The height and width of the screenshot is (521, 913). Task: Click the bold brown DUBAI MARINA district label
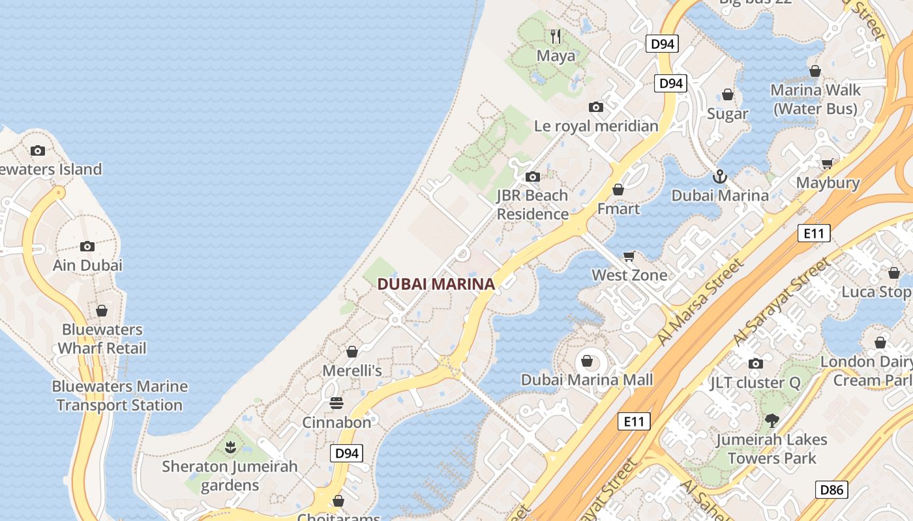tap(436, 284)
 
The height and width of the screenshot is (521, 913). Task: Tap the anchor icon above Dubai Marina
tap(720, 176)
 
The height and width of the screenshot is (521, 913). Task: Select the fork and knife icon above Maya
tap(556, 36)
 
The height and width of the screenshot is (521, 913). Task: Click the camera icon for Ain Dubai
tap(87, 246)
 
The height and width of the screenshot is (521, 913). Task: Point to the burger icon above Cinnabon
tap(337, 403)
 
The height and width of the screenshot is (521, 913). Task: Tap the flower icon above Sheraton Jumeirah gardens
tap(230, 447)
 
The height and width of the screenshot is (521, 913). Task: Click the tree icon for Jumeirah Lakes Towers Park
tap(772, 420)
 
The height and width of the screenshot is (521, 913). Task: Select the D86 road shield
tap(832, 490)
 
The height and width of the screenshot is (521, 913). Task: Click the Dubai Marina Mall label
tap(587, 379)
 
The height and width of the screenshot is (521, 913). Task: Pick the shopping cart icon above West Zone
tap(629, 256)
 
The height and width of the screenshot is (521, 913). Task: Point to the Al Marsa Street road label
tap(700, 302)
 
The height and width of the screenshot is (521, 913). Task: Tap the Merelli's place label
tap(352, 371)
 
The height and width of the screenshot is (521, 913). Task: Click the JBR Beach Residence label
tap(532, 204)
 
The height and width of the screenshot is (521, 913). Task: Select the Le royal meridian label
tap(596, 126)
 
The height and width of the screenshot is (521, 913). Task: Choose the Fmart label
tap(618, 209)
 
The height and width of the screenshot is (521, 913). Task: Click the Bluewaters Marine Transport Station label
tap(119, 395)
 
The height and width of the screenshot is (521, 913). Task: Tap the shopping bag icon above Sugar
tap(728, 95)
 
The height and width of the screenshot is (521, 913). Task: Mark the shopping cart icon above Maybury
tap(828, 164)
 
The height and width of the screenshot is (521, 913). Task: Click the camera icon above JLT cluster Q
tap(756, 363)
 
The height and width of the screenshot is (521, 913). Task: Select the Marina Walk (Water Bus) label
tap(815, 99)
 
